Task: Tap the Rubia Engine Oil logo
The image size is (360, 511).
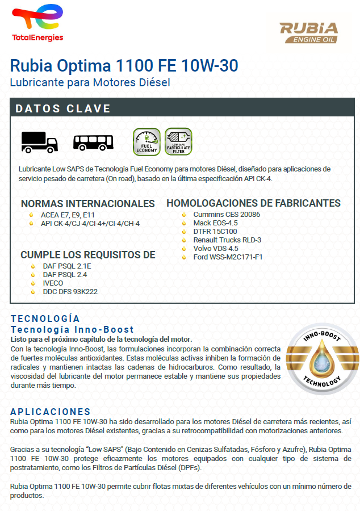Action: (x=308, y=32)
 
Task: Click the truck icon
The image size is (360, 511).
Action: (x=39, y=141)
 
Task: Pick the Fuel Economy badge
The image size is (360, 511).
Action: (x=146, y=142)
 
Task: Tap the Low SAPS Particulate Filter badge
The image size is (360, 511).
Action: (x=178, y=142)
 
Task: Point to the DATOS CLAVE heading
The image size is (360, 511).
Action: (x=63, y=108)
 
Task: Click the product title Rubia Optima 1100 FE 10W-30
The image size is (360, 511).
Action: (x=124, y=66)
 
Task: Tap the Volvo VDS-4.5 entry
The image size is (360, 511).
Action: (x=216, y=249)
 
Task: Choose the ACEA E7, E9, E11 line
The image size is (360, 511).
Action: (x=68, y=215)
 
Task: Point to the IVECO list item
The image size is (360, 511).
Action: (x=53, y=283)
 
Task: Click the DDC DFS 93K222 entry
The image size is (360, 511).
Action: (x=70, y=291)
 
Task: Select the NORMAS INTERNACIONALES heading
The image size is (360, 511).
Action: (x=87, y=204)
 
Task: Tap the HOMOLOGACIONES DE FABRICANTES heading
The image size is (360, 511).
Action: (x=253, y=203)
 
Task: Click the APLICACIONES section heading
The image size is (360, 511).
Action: (x=51, y=412)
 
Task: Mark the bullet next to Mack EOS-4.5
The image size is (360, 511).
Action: (x=184, y=223)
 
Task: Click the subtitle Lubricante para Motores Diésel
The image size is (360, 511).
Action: (x=90, y=82)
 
